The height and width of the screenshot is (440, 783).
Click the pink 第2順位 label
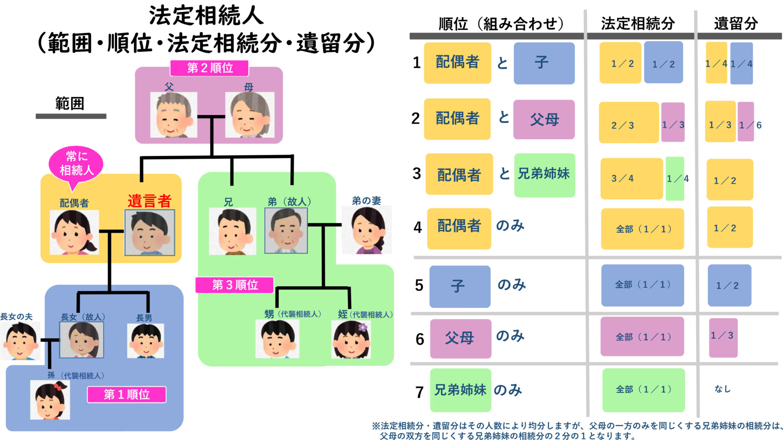pyautogui.click(x=209, y=68)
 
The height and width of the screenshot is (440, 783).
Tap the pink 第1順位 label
pyautogui.click(x=126, y=394)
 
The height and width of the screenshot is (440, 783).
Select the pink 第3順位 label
pyautogui.click(x=234, y=285)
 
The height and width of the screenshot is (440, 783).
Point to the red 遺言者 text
pyautogui.click(x=149, y=201)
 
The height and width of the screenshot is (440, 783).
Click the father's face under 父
pyautogui.click(x=174, y=115)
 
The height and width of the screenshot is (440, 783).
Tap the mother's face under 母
pyautogui.click(x=250, y=115)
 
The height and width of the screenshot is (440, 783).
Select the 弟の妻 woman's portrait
pyautogui.click(x=366, y=230)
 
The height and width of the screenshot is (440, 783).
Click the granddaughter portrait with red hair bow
pyautogui.click(x=50, y=400)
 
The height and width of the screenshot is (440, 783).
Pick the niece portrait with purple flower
pyautogui.click(x=351, y=339)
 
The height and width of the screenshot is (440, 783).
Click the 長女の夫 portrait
pyautogui.click(x=20, y=341)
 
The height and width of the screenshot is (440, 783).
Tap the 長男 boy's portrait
pyautogui.click(x=146, y=341)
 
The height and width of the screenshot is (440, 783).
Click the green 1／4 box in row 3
pyautogui.click(x=675, y=178)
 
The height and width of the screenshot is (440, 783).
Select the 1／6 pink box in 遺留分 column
pyautogui.click(x=746, y=122)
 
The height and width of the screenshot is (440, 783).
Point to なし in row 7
pyautogui.click(x=722, y=389)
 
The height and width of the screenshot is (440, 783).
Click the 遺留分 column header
pyautogui.click(x=736, y=24)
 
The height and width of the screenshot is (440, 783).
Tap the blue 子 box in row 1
pyautogui.click(x=544, y=63)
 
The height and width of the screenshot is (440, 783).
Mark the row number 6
pyautogui.click(x=420, y=339)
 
